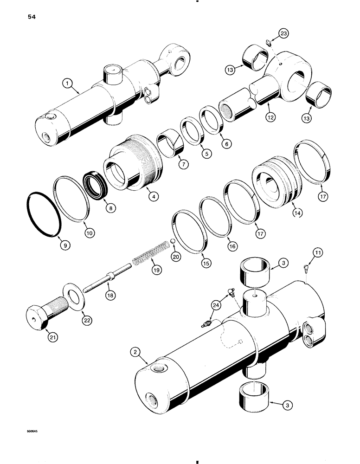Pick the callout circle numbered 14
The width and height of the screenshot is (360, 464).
pyautogui.click(x=297, y=213)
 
